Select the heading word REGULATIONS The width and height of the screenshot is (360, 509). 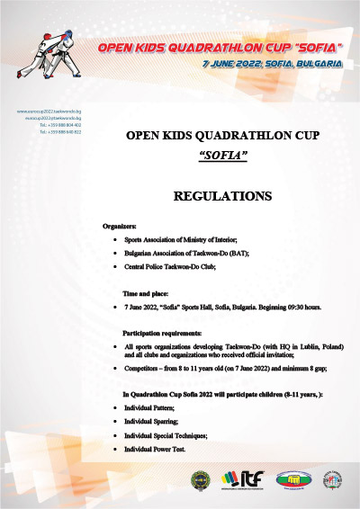tap(221, 195)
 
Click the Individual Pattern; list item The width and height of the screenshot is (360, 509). tap(148, 408)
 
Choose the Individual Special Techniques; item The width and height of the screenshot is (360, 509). tap(166, 434)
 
